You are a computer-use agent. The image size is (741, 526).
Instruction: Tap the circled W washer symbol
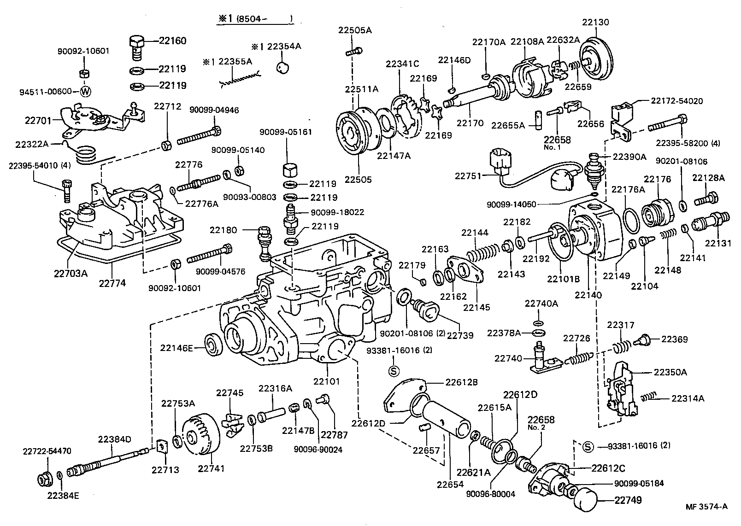tap(86, 91)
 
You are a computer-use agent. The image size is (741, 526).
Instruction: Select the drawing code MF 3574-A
tap(707, 507)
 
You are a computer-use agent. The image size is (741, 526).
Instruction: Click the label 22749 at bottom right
tap(627, 500)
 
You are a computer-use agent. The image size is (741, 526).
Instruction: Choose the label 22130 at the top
tap(595, 22)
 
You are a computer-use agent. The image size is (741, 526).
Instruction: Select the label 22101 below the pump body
tap(327, 381)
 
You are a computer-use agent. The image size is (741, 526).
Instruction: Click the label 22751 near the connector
tap(468, 175)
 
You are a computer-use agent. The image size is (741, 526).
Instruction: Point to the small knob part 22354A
tap(282, 67)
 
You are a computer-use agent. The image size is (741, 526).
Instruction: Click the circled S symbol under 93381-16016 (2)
tap(393, 370)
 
